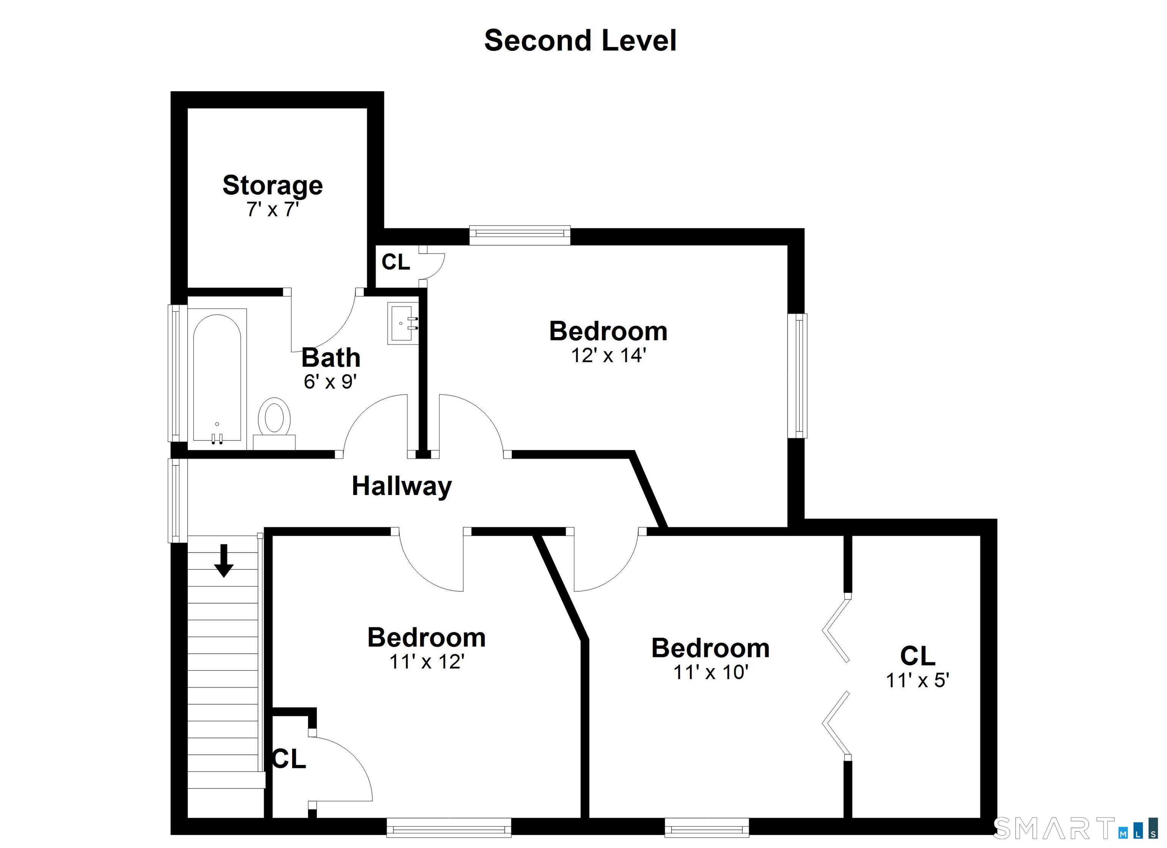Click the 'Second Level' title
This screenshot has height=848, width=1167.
point(580,41)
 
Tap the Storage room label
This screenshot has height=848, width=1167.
point(272,185)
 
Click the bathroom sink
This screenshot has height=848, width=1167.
point(403,323)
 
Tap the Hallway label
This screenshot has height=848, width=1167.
point(402,486)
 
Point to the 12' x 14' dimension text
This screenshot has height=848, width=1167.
point(608,355)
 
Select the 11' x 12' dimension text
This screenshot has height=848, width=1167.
point(427,662)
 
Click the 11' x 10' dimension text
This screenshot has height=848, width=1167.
point(711,672)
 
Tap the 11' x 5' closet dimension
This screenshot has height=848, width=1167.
point(917,680)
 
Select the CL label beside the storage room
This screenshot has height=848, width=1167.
point(396,262)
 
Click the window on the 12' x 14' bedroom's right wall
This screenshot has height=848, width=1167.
point(797,376)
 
